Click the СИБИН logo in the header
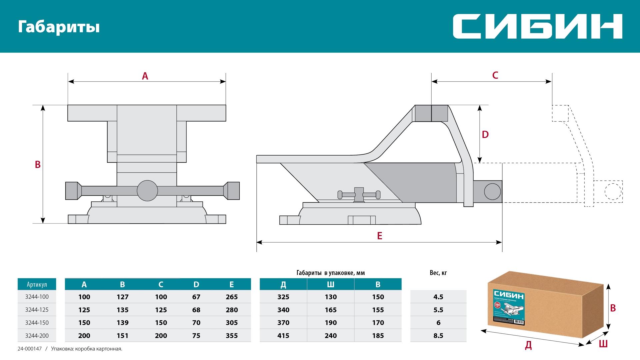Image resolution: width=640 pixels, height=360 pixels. point(537,26)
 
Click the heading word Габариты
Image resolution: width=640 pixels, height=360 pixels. point(59,27)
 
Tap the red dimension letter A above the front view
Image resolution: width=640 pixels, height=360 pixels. point(145,76)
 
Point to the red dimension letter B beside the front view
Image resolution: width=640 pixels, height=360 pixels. point(38,164)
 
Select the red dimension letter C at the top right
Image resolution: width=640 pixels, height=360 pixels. point(495,75)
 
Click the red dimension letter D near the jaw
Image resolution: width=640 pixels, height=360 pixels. point(485,135)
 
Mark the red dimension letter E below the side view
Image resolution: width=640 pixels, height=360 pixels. point(379,236)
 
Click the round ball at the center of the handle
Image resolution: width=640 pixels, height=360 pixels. point(147,191)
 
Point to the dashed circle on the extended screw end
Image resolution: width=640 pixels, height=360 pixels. point(613,192)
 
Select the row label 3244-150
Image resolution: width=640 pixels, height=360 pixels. point(37,323)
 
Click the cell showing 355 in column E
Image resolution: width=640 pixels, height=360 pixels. point(231,336)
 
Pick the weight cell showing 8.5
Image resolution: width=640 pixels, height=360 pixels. point(438,336)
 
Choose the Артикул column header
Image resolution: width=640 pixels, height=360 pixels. point(37,285)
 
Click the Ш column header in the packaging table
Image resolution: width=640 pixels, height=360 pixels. point(330,285)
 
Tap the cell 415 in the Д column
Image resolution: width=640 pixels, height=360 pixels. point(283,336)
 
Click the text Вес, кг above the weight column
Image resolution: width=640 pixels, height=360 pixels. point(438,273)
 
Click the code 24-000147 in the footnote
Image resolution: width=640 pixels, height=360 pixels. point(29,349)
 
